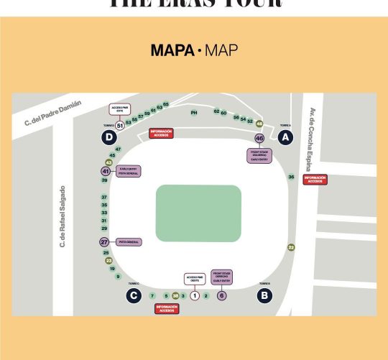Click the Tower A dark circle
(285, 137)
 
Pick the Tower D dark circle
(108, 137)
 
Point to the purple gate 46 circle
(259, 138)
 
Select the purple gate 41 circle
(106, 171)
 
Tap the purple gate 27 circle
(104, 242)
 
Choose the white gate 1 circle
(194, 295)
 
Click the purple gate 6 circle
(221, 295)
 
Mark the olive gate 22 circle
(291, 247)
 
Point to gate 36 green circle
(291, 177)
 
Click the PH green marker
(193, 113)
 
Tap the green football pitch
(198, 213)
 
